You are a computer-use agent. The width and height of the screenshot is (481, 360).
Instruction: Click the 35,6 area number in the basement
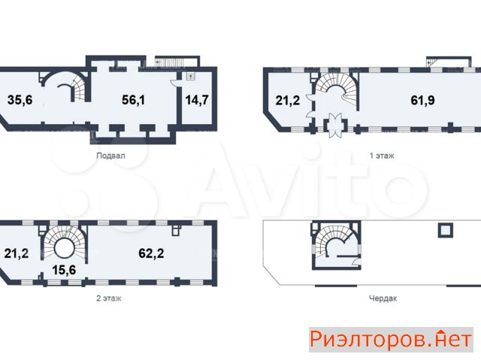20,100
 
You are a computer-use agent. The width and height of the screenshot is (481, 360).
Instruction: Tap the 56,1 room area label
134,100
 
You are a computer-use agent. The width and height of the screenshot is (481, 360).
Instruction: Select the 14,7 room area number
197,100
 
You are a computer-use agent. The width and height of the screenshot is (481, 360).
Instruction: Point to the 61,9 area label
422,100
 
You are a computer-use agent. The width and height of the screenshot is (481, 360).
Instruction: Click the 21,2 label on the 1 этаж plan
287,100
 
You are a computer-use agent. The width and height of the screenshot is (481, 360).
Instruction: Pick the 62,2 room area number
151,253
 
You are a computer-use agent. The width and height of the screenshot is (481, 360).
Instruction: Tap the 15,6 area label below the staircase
64,270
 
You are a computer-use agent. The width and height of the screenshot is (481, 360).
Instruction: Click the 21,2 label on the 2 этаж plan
17,253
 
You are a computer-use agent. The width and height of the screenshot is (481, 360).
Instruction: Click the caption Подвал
110,156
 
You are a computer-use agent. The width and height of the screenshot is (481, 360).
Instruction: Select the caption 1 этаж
382,156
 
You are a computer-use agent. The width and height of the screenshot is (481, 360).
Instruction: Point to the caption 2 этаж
108,298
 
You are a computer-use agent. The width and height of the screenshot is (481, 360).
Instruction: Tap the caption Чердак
383,298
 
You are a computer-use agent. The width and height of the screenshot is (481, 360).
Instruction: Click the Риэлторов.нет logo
391,340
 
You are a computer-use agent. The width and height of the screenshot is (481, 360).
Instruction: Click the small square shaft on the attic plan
446,230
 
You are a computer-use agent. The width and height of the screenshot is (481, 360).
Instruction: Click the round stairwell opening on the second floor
64,248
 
